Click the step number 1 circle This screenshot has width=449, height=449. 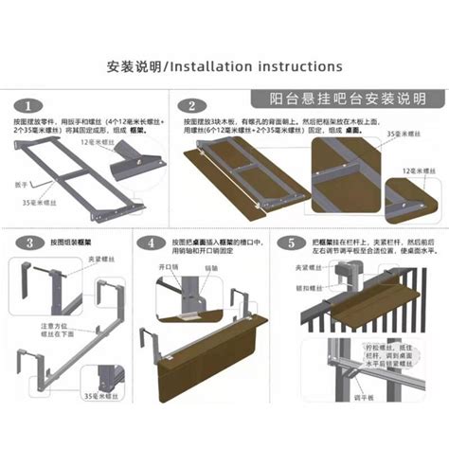click(31, 104)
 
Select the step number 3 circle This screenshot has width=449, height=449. click(30, 243)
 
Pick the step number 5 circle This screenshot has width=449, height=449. click(289, 243)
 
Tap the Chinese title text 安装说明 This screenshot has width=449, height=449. click(135, 67)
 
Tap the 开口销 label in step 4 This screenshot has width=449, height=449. click(171, 268)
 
